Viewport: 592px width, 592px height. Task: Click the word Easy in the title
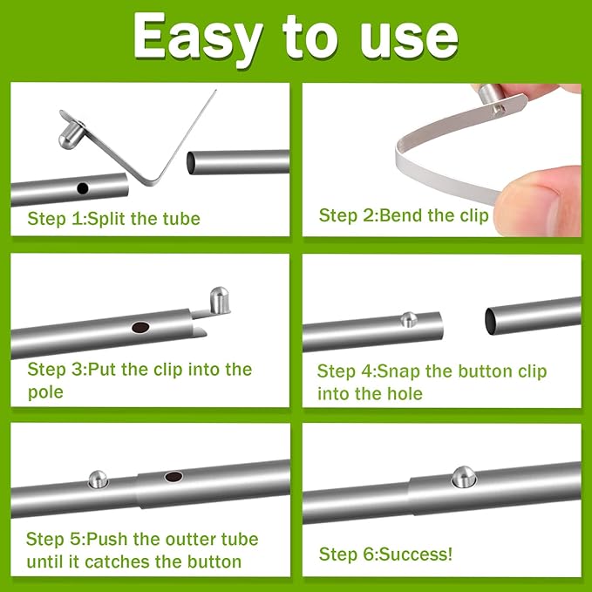click(x=197, y=37)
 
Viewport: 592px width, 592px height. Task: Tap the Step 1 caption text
click(x=113, y=218)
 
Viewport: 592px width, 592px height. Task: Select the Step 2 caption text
click(x=404, y=215)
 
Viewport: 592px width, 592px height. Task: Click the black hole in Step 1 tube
click(x=83, y=187)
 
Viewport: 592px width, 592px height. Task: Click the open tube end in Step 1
click(x=192, y=162)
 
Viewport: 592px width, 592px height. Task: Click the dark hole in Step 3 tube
click(x=139, y=328)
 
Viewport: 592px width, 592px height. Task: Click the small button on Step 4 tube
click(x=408, y=319)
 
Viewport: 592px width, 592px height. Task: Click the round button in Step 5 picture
click(x=98, y=479)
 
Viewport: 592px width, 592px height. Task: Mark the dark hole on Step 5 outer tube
click(x=174, y=478)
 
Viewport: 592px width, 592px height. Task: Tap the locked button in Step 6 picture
click(x=463, y=476)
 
